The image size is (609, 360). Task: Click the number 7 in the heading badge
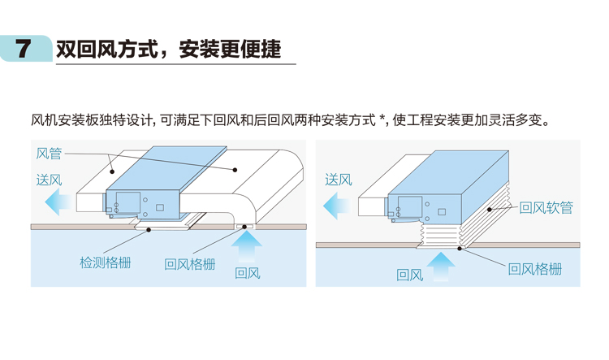point(24,49)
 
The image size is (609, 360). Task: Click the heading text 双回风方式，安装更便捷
point(169,49)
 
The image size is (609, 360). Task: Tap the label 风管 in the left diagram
point(50,152)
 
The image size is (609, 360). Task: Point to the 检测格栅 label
point(106,263)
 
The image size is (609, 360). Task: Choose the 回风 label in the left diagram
point(247,273)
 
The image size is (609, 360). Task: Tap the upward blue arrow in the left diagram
point(248,244)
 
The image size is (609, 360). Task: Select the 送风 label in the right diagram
point(339,180)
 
